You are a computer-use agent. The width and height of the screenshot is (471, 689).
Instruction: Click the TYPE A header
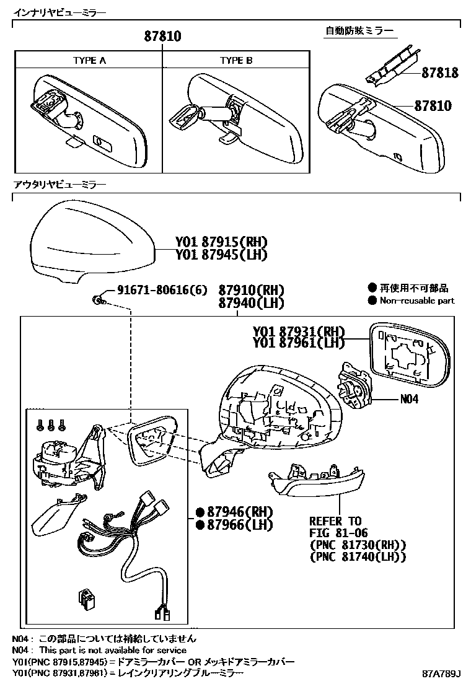(x=89, y=60)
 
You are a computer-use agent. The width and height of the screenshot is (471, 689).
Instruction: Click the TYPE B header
(x=235, y=60)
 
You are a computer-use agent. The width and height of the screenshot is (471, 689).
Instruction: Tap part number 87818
(x=440, y=73)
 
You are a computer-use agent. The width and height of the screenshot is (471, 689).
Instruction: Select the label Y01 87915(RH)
(x=221, y=242)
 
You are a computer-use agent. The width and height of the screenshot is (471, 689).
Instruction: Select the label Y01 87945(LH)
(x=221, y=254)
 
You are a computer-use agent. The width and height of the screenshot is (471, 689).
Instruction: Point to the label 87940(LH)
(x=250, y=303)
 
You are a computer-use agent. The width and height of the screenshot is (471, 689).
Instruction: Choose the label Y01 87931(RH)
(x=298, y=331)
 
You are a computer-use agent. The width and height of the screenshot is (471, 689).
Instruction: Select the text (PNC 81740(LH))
(x=358, y=556)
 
